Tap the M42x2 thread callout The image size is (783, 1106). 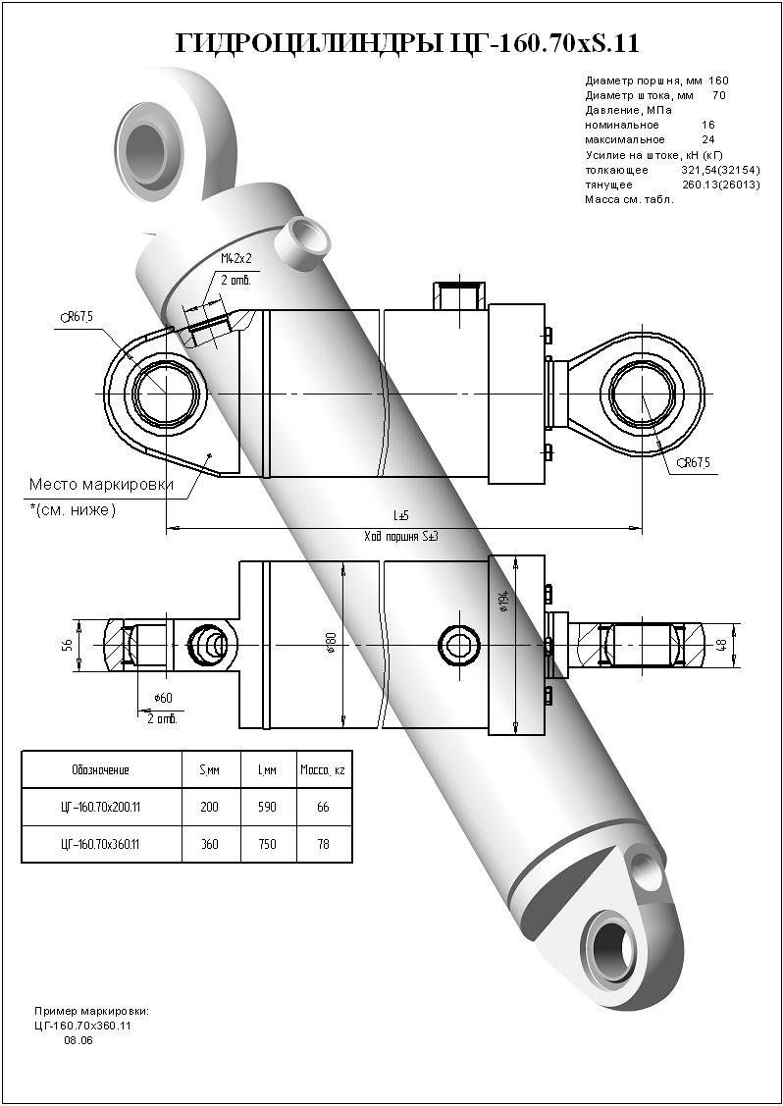point(235,258)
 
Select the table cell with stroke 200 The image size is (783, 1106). point(209,808)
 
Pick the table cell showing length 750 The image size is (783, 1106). point(266,844)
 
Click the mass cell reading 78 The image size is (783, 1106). point(323,844)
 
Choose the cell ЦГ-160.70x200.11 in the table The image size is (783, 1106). point(101,808)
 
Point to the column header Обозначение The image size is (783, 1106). point(101,770)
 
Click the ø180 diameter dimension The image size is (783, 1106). point(334,643)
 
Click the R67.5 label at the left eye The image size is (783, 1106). point(78,316)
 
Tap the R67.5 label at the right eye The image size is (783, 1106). point(696,463)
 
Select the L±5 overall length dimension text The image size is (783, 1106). point(401,514)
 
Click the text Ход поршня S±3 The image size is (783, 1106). point(400,536)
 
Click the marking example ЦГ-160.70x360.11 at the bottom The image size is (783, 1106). point(82,1025)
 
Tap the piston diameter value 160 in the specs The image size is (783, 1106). point(718,80)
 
